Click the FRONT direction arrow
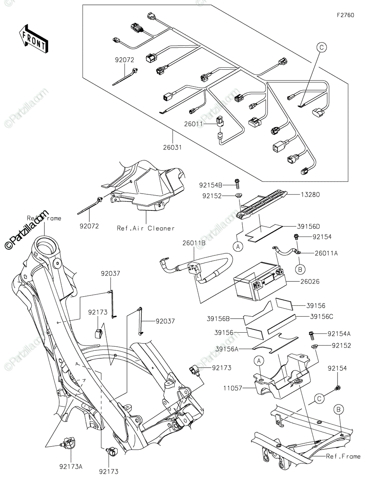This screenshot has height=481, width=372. [33, 39]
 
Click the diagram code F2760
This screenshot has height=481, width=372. [345, 15]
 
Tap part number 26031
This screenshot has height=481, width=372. [173, 147]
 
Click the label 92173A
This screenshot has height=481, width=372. [71, 467]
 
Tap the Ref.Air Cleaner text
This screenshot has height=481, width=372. [146, 228]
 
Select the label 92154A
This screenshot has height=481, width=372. [339, 333]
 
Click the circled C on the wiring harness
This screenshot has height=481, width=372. [322, 47]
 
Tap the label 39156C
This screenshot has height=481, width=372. [321, 316]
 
